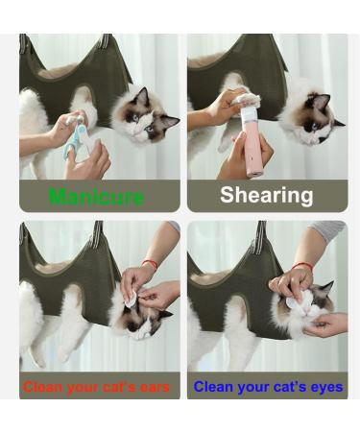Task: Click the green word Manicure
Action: pyautogui.click(x=96, y=196)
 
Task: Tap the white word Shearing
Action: pyautogui.click(x=267, y=195)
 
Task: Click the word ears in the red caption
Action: pyautogui.click(x=155, y=388)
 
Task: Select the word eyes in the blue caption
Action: pyautogui.click(x=325, y=387)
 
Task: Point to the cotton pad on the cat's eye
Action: pyautogui.click(x=295, y=300)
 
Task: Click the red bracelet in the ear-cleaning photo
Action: pyautogui.click(x=150, y=263)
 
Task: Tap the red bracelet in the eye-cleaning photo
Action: pyautogui.click(x=303, y=266)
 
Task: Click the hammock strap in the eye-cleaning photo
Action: pyautogui.click(x=261, y=237)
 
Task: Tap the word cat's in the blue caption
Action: pyautogui.click(x=290, y=387)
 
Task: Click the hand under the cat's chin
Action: pyautogui.click(x=326, y=324)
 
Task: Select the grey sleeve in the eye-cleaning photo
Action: pyautogui.click(x=328, y=229)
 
